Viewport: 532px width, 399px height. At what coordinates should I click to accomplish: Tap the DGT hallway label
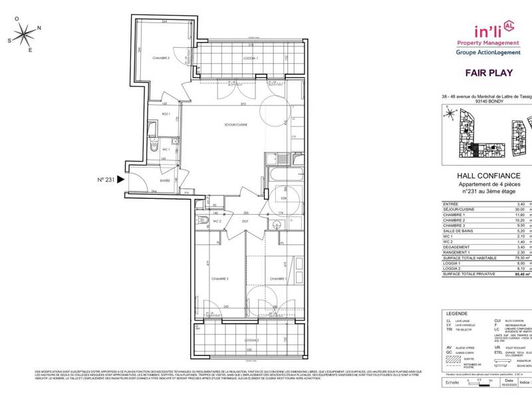[245, 221]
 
